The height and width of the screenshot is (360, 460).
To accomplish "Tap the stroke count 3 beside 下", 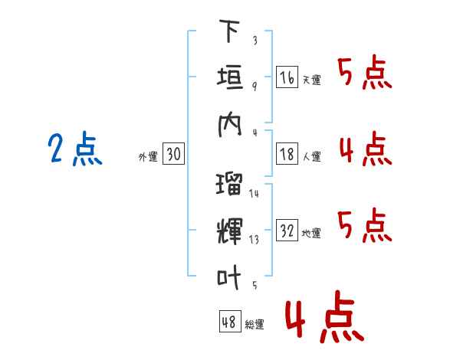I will pyautogui.click(x=254, y=41).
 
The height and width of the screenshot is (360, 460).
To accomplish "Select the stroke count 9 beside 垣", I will pyautogui.click(x=254, y=86).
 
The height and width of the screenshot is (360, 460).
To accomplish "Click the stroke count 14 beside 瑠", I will pyautogui.click(x=254, y=194).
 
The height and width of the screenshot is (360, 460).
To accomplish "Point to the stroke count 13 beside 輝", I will pyautogui.click(x=254, y=239).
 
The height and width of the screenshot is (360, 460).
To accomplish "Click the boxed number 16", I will pyautogui.click(x=287, y=77).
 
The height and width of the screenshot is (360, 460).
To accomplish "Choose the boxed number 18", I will pyautogui.click(x=287, y=154).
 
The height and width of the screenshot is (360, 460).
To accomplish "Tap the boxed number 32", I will pyautogui.click(x=287, y=231).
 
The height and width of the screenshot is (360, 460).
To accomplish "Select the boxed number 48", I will pyautogui.click(x=228, y=322).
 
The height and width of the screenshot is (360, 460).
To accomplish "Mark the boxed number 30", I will pyautogui.click(x=173, y=154).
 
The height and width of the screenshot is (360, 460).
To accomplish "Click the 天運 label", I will pyautogui.click(x=311, y=80).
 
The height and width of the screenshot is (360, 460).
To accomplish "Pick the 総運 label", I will pyautogui.click(x=254, y=325).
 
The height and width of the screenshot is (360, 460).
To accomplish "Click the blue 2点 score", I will pyautogui.click(x=74, y=149).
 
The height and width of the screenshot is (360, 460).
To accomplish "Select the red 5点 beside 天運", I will pyautogui.click(x=365, y=74).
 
